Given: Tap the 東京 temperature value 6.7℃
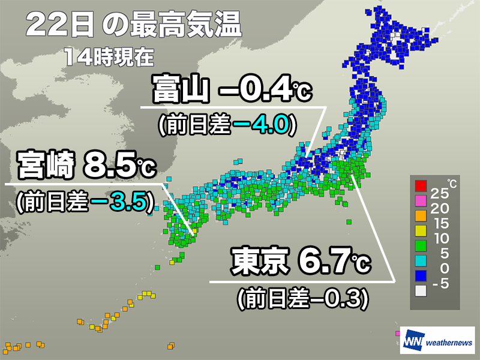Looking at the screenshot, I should (332, 262).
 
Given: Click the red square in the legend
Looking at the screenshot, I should (420, 184).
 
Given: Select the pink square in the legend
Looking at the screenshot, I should (420, 199).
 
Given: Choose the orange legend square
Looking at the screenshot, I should (420, 214).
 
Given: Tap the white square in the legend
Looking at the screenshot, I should (420, 290).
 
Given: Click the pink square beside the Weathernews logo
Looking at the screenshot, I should (397, 333).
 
